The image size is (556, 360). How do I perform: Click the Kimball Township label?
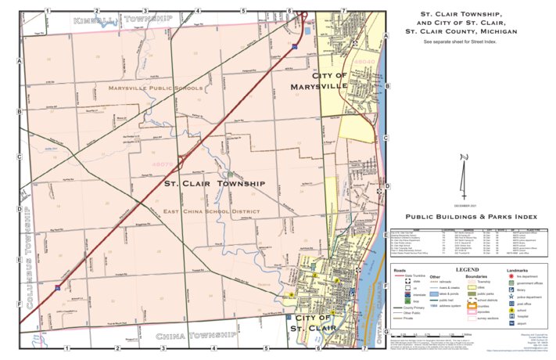[122, 17]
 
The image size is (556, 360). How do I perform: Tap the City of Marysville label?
[319, 80]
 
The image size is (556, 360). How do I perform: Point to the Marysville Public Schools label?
[156, 88]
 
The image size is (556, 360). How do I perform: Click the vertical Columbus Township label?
[29, 255]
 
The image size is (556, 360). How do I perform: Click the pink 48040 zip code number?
[366, 59]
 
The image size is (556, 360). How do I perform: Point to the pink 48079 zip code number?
[163, 164]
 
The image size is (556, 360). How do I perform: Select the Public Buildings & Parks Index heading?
[466, 217]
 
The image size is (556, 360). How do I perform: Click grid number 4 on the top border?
[195, 10]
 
